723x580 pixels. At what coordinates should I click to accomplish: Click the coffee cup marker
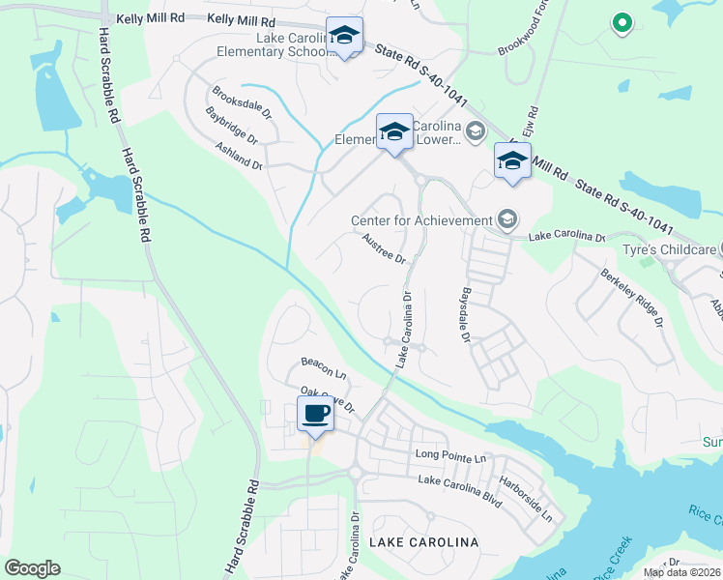coord(315,415)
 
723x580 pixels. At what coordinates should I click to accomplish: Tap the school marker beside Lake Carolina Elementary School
coord(344,36)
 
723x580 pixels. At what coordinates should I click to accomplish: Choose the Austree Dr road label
coord(382,248)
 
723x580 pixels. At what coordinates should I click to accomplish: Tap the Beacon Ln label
coord(323,367)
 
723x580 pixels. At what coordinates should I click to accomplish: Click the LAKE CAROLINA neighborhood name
coord(426,543)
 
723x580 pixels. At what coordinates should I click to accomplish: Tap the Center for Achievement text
coord(421,220)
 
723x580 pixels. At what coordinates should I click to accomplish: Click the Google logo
coord(32,568)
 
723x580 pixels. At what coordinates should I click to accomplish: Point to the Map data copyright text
coord(681,572)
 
